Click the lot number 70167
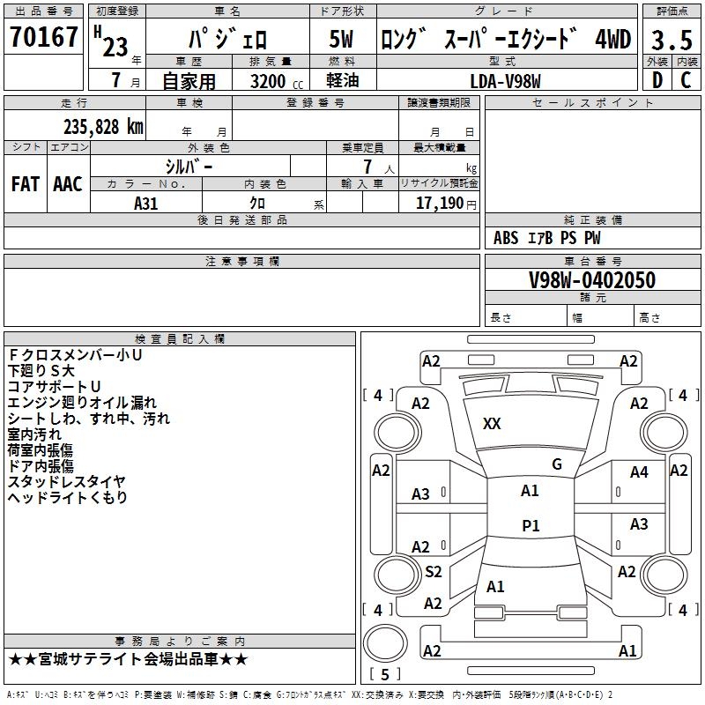[x=43, y=38]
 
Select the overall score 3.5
[x=671, y=41]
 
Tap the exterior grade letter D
[x=657, y=79]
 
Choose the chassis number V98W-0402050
[x=591, y=280]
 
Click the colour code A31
[x=145, y=203]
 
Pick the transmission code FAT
[x=26, y=184]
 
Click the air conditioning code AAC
[x=68, y=184]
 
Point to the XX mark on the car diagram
[x=492, y=424]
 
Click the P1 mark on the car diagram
[x=531, y=525]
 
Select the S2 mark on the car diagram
[x=433, y=572]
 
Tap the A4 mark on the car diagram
[x=639, y=472]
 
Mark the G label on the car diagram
[x=557, y=464]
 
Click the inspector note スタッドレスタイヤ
[x=66, y=481]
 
